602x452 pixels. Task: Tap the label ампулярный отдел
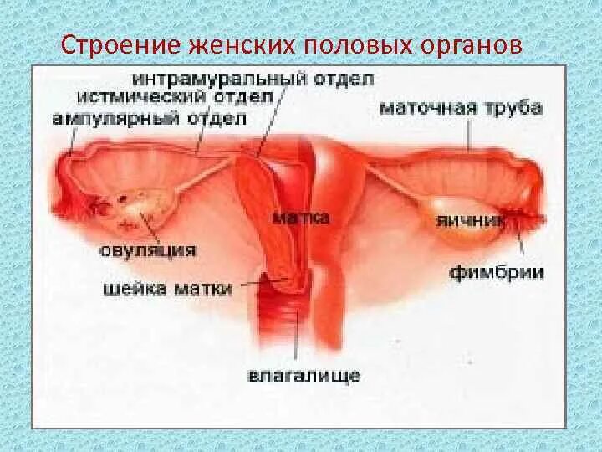(x=149, y=118)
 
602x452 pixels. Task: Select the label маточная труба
(x=462, y=108)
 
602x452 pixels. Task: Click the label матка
(x=301, y=217)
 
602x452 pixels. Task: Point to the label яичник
(x=471, y=220)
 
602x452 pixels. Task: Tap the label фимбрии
(x=497, y=272)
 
